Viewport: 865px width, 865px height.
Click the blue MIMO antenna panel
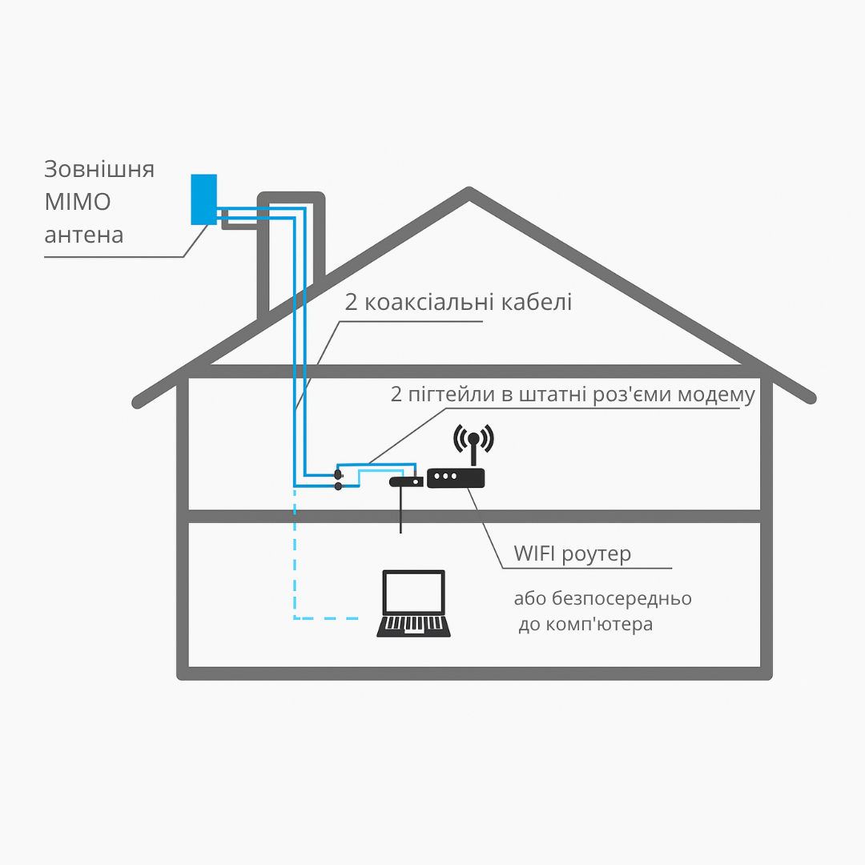pos(203,199)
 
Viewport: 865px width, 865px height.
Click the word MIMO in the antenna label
pos(78,202)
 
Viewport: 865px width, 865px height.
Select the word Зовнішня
pos(99,170)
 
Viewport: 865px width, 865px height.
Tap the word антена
pos(84,235)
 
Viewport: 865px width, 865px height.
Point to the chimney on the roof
pos(292,240)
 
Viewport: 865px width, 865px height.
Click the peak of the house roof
pos(469,193)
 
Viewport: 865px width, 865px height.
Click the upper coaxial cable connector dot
pos(338,475)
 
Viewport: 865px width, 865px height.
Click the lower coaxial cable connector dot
pos(338,486)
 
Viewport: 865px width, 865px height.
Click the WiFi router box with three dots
pos(456,478)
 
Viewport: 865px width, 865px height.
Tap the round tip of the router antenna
pos(473,438)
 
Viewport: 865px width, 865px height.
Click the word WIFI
pos(535,553)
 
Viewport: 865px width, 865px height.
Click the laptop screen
pos(413,592)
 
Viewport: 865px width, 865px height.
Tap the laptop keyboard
pos(413,624)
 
